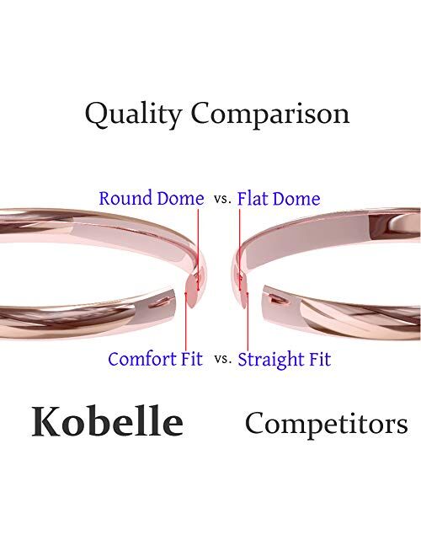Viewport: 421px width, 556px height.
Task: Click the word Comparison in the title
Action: [269, 114]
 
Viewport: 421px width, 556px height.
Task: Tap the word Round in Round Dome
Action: [127, 199]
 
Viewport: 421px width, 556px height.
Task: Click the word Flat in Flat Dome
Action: [254, 199]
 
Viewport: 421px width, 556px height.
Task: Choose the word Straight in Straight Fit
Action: [269, 359]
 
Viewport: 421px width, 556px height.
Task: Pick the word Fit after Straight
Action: [318, 359]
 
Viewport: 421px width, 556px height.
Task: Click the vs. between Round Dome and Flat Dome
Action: [221, 200]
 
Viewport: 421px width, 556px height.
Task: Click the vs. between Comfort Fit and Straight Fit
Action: [222, 360]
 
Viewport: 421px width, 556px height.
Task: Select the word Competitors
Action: [326, 422]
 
